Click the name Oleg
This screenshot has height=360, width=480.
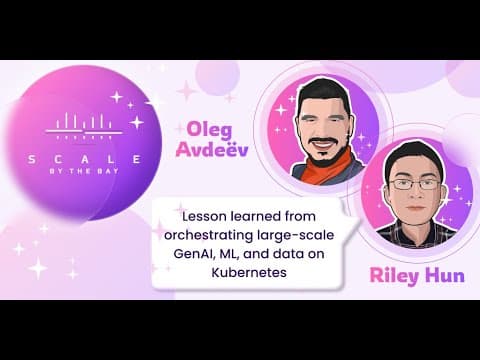(x=209, y=130)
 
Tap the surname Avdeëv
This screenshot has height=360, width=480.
(x=212, y=149)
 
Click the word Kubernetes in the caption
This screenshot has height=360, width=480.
(x=249, y=273)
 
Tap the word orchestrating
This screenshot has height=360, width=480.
(x=209, y=235)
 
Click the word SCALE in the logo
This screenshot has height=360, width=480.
(x=85, y=159)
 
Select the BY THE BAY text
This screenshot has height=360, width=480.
(x=84, y=171)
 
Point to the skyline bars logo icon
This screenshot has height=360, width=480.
(x=84, y=126)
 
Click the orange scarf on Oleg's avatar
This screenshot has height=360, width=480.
(x=328, y=168)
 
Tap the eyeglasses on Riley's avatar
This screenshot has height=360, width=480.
(x=415, y=184)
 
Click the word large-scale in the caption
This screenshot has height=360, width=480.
(x=296, y=235)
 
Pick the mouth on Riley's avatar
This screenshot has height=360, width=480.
(x=415, y=207)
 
